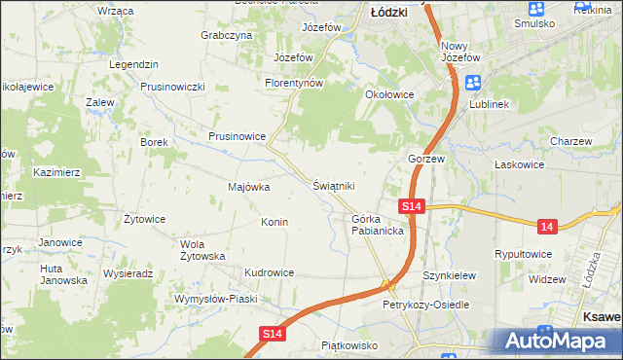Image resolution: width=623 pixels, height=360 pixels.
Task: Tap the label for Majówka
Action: click(248, 187)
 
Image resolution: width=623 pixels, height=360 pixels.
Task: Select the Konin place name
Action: click(274, 222)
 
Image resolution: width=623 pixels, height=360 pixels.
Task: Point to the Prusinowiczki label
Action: click(172, 87)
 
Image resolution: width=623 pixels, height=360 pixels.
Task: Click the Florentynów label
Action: click(293, 84)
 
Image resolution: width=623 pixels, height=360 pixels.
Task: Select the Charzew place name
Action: click(570, 141)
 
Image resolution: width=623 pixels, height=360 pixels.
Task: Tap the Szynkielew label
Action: click(449, 275)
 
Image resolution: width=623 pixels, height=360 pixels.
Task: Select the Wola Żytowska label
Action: click(202, 250)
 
